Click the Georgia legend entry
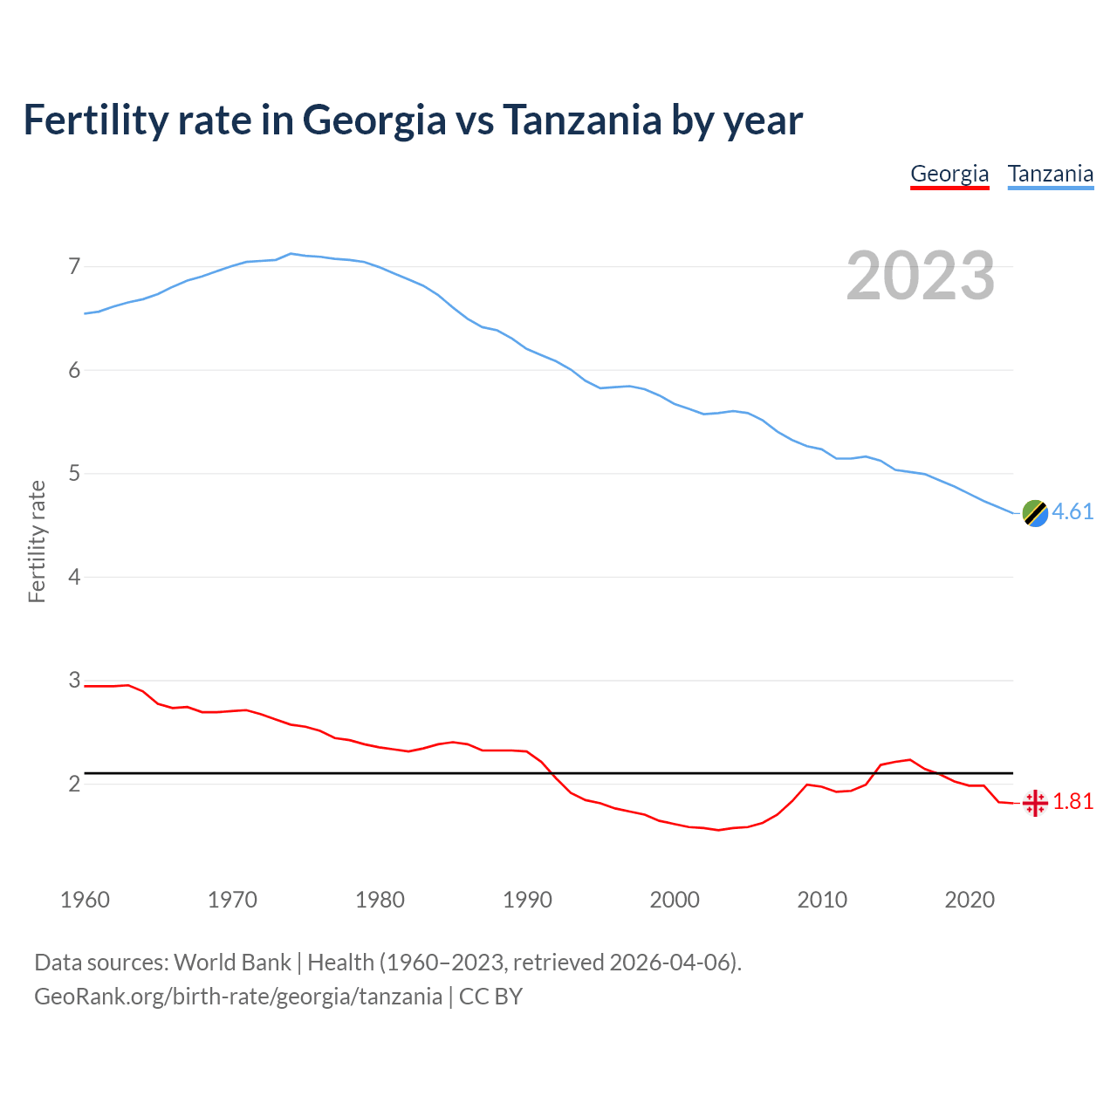tap(949, 174)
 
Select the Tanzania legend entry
tap(1051, 174)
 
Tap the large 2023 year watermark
tap(921, 276)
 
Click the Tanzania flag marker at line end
tap(1034, 513)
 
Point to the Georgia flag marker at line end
tap(1035, 803)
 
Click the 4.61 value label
tap(1072, 511)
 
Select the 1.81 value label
tap(1073, 801)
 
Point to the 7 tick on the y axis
tap(74, 266)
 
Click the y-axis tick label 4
tap(74, 577)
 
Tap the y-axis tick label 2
tap(74, 784)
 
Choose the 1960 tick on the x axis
tap(85, 900)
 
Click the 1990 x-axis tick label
tap(527, 900)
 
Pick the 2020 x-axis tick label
tap(970, 900)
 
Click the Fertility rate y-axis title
tap(37, 541)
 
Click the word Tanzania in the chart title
tap(582, 120)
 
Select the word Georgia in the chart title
tap(374, 121)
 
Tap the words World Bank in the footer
tap(232, 963)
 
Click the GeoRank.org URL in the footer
tap(237, 997)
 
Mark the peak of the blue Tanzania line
tap(291, 253)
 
